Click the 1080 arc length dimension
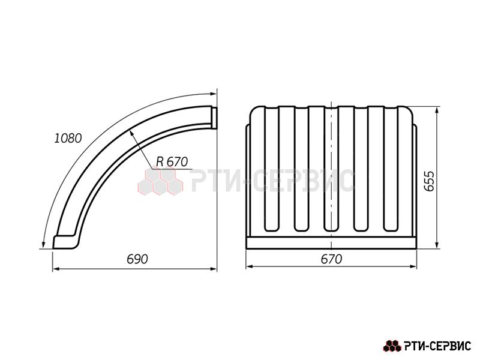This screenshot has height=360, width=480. point(68,139)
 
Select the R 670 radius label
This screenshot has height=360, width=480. point(172,161)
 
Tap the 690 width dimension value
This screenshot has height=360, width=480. point(137,259)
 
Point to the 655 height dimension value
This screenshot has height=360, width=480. point(430,181)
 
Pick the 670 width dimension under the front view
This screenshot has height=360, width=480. point(331,259)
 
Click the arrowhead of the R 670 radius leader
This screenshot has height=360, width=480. point(132,133)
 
